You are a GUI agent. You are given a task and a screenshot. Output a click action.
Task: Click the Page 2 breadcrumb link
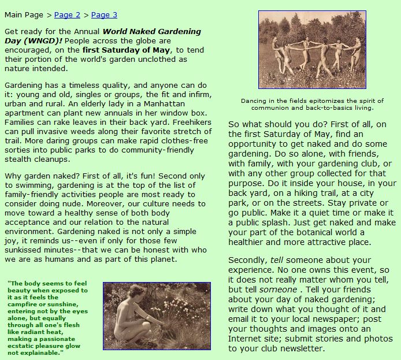[x=68, y=15]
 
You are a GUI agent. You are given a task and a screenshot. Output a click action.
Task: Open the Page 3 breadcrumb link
[x=104, y=15]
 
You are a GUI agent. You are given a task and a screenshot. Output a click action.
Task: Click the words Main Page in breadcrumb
[x=23, y=15]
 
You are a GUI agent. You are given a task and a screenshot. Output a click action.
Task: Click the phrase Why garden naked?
[x=35, y=175]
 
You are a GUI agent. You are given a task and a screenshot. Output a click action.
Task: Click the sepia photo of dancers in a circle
[x=312, y=50]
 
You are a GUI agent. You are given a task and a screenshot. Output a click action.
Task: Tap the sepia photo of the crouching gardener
[x=157, y=316]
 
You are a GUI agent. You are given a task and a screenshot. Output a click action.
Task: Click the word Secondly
[x=247, y=261]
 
